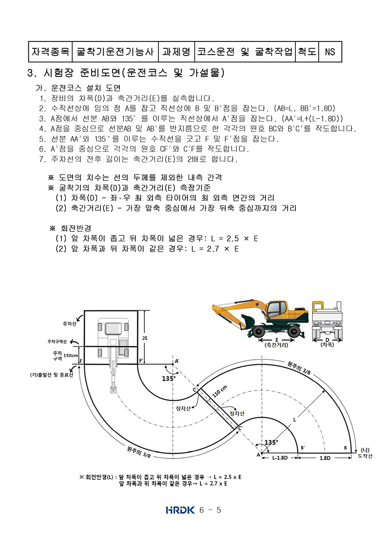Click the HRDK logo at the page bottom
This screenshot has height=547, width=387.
coord(180,510)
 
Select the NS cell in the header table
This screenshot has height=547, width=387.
coord(330,52)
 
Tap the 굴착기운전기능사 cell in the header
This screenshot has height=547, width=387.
coord(115,52)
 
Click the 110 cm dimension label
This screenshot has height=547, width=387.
coord(219,391)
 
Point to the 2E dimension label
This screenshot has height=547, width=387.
coord(145,338)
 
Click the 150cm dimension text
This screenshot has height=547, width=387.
coord(70,355)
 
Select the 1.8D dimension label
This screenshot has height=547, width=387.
coord(325,458)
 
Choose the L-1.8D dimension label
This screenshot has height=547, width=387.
coord(280,458)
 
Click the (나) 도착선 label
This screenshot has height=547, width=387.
coord(365,453)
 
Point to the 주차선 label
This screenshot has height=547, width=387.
coord(69,324)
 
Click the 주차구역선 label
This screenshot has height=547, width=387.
coord(57,342)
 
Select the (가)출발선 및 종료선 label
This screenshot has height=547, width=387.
coord(52,375)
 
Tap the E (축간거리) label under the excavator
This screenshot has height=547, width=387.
coord(277,342)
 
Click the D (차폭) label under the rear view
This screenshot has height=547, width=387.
coord(327,342)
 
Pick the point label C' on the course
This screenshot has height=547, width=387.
coord(241,428)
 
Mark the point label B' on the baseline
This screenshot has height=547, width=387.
coord(303,448)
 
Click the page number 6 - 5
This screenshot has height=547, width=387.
coord(210,510)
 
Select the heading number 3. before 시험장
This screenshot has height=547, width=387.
coord(32,73)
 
